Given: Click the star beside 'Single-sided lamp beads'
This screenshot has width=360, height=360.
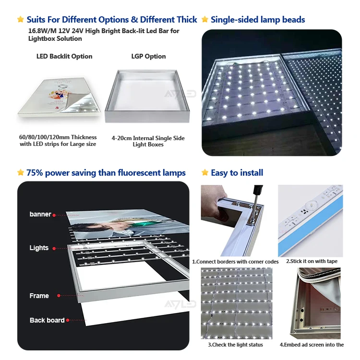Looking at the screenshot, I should coord(205,20).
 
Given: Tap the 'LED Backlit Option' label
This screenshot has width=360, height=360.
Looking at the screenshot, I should coord(64,56).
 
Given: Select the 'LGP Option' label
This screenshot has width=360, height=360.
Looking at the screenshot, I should coord(148,56).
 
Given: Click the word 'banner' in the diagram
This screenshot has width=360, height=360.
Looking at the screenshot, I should coord(40,214).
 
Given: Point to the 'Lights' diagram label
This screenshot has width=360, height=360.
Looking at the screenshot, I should coord(39,248).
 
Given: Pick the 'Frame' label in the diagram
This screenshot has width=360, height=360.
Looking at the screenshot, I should coord(39,296).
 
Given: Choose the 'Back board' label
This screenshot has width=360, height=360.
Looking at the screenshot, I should coord(47,320).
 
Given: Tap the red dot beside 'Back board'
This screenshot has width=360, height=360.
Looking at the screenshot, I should coord(68,320).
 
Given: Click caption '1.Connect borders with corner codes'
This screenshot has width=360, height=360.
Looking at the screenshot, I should coord(235,262).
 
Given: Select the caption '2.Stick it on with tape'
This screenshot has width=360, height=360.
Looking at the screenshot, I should coord(312,261).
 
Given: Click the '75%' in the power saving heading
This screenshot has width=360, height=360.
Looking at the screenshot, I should coord(36,173).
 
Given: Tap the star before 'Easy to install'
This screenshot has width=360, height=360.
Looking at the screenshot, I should coord(205,173).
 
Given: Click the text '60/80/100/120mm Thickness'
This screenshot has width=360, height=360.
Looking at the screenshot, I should coord(58,137).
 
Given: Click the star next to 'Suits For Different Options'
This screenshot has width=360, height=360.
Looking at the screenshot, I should coord(21,20).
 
